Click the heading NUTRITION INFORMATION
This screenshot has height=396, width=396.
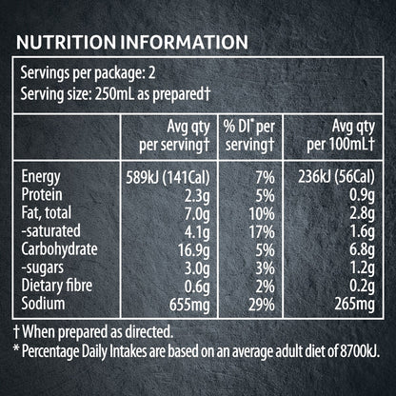tap(132, 42)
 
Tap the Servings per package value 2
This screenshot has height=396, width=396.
tap(152, 73)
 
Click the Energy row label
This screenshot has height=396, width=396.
tap(41, 177)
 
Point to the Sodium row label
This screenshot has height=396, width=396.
tap(43, 304)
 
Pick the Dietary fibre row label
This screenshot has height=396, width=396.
tap(57, 286)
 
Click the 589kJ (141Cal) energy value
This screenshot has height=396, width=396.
tap(168, 178)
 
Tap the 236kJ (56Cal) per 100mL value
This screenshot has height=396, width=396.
tap(336, 177)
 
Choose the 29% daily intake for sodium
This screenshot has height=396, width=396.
tap(262, 305)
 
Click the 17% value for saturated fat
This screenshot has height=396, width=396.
tap(262, 232)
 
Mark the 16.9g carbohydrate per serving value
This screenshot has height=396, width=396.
tap(194, 250)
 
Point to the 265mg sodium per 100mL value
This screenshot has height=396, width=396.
tap(355, 305)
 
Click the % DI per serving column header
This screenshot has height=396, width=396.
tap(249, 136)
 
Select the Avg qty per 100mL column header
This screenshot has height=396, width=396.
tap(341, 136)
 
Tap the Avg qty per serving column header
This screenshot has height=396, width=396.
tap(174, 136)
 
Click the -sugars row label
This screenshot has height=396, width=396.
tap(43, 268)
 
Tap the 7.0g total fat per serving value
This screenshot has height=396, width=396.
tap(197, 214)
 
